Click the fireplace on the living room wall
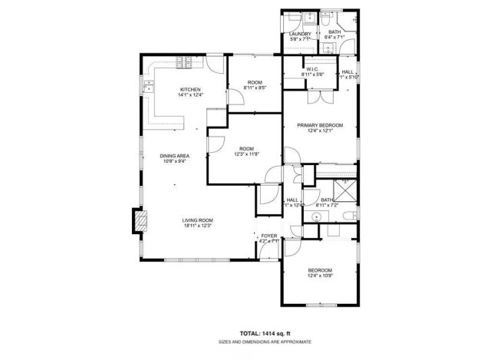click(x=139, y=222)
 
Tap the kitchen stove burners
click(x=184, y=62)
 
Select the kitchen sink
click(x=147, y=84)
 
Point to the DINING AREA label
click(x=174, y=157)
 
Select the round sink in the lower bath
click(x=348, y=215)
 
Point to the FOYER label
click(x=269, y=236)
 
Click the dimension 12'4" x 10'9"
click(x=320, y=276)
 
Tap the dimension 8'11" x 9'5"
click(x=254, y=88)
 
